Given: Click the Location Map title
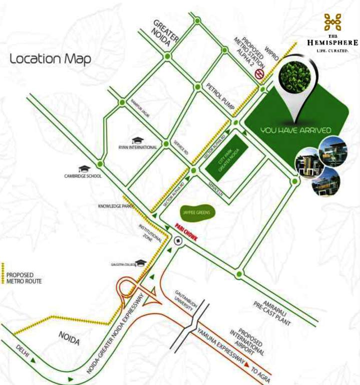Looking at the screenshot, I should coord(51,59).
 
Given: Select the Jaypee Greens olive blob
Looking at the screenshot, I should coord(195,213).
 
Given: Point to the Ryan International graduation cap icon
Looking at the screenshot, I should coord(137,141).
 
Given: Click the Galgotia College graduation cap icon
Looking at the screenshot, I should coord(141,263).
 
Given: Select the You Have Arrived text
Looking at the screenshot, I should coord(296,130).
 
